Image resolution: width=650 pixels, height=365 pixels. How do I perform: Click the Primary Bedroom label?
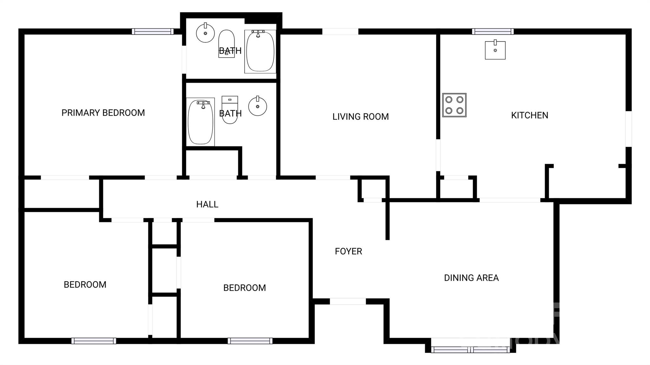[103, 113]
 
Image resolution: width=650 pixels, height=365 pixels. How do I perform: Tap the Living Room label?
[361, 117]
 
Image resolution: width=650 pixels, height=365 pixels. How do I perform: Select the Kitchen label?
[529, 115]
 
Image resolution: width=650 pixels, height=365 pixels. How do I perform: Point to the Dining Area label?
[471, 278]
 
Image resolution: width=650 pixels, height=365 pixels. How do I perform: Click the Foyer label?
[348, 251]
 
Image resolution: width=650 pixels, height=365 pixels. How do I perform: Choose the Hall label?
[207, 205]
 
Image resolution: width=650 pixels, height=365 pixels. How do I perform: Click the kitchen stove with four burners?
[454, 105]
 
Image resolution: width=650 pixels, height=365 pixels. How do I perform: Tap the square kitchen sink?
[495, 50]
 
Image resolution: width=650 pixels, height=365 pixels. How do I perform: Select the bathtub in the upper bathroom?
[260, 51]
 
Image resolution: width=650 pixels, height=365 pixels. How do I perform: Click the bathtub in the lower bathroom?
[200, 122]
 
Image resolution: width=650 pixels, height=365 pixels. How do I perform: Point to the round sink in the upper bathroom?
[205, 33]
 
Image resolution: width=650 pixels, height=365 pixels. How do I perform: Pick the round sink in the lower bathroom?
[257, 106]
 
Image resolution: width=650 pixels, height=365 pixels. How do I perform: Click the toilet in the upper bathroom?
[226, 44]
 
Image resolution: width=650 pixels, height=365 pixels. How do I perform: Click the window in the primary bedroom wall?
[153, 31]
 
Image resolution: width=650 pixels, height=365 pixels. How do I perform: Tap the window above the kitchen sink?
[493, 31]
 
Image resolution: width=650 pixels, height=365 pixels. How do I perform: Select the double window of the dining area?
[470, 349]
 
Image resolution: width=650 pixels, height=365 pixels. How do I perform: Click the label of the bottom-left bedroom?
[85, 285]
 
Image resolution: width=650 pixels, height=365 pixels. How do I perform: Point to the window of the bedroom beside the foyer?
[250, 341]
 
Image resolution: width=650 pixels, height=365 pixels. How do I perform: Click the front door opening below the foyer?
[348, 302]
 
